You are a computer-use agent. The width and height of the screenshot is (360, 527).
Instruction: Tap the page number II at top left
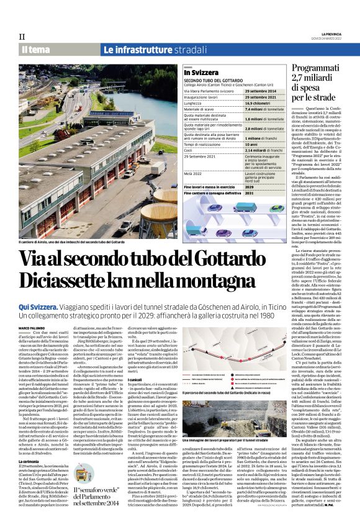(x=22, y=37)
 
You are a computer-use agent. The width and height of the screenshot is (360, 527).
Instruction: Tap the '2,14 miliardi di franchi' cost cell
(x=263, y=150)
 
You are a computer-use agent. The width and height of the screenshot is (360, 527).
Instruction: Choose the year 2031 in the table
(x=249, y=192)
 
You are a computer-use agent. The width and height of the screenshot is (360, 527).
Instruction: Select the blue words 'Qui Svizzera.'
(x=39, y=307)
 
